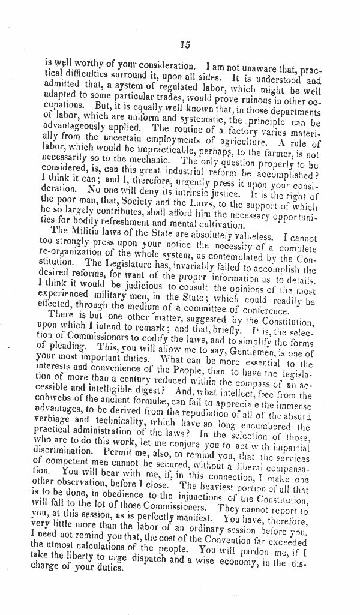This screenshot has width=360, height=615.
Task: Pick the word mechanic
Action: pyautogui.click(x=151, y=161)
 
